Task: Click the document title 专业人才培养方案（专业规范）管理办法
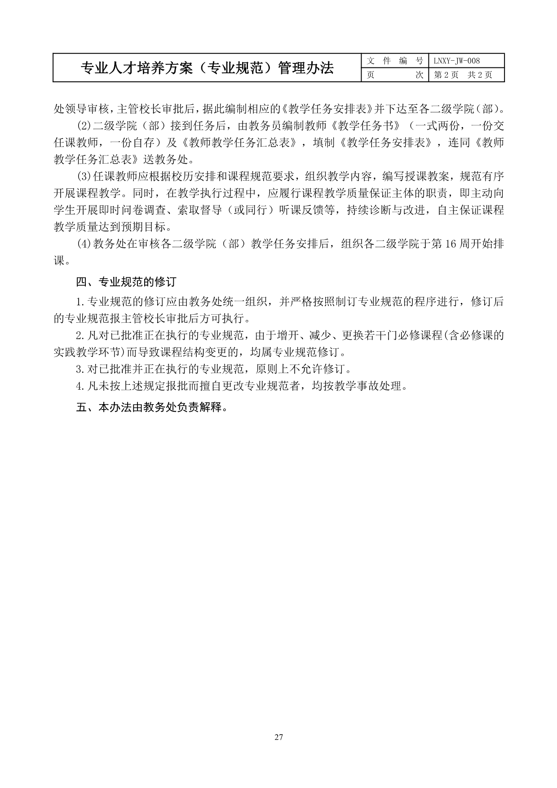coord(207,68)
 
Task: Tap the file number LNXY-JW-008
coord(456,61)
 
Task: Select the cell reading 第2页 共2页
coord(463,75)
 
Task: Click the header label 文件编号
coord(395,61)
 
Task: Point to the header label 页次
coord(395,75)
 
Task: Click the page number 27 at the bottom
coord(278,737)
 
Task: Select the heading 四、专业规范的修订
coord(126,282)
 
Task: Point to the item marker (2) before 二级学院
coord(84,125)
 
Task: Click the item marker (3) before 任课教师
coord(84,176)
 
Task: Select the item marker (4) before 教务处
coord(84,244)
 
